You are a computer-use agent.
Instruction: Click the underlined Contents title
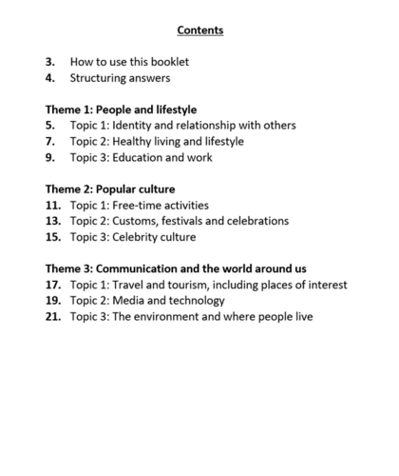point(199,30)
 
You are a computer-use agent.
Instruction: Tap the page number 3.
point(49,62)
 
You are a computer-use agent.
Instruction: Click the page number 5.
point(49,126)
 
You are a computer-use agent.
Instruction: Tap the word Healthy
point(136,142)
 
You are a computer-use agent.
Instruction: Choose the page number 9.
point(49,157)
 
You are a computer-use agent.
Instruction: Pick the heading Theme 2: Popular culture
point(110,188)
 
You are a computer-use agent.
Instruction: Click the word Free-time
point(141,205)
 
